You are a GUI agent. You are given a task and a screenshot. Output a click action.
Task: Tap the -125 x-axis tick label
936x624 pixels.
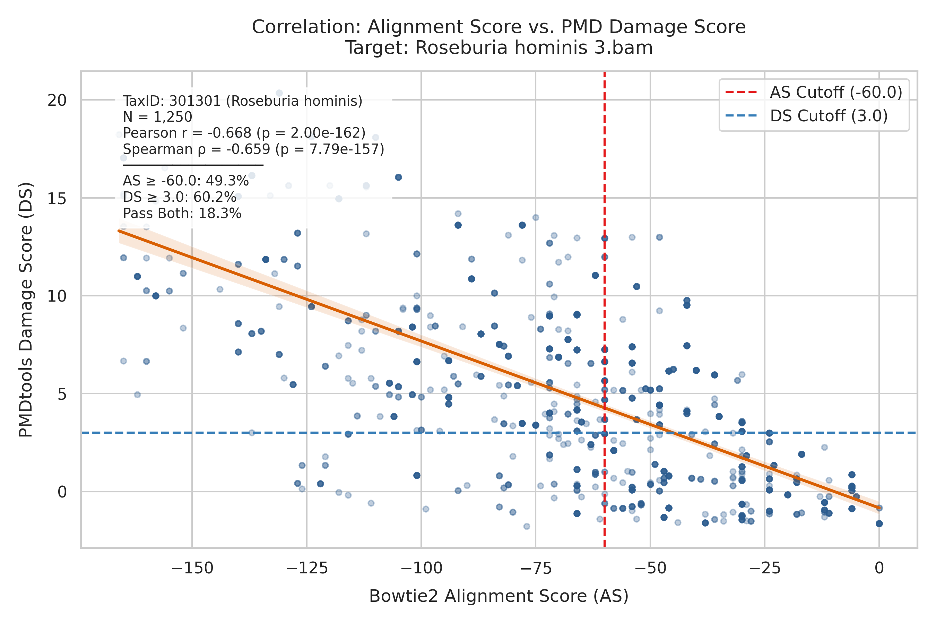[x=307, y=568]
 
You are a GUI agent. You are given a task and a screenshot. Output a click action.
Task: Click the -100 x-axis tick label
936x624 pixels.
[x=421, y=568]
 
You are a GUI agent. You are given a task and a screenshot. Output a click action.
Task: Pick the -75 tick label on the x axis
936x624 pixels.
[x=536, y=568]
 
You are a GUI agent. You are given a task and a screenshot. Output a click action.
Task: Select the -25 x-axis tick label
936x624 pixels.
[x=764, y=568]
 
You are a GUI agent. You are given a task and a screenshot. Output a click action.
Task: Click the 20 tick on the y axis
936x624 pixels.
[x=57, y=100]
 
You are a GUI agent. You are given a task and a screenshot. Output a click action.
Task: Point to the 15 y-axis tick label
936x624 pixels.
[x=57, y=198]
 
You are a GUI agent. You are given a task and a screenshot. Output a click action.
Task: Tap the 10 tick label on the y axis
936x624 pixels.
[x=57, y=296]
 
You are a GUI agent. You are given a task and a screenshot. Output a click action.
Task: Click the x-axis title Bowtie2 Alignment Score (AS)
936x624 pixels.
[x=499, y=597]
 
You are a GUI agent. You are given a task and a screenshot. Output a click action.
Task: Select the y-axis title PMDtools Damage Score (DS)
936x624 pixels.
[x=26, y=310]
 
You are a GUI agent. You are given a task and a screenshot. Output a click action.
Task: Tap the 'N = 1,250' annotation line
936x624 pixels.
[x=158, y=117]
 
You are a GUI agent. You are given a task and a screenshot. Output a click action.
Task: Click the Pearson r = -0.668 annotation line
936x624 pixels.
[x=244, y=133]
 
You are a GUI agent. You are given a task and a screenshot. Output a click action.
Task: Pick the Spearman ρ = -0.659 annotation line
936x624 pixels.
[x=254, y=149]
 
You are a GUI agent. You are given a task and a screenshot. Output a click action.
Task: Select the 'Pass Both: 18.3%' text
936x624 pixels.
[x=182, y=214]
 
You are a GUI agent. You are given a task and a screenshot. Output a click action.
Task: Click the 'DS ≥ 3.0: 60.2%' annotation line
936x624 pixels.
[x=180, y=197]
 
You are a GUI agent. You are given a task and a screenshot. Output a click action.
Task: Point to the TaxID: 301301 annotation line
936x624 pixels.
[x=243, y=101]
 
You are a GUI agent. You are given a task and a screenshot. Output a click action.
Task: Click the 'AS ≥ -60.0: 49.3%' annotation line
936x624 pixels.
[x=186, y=181]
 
